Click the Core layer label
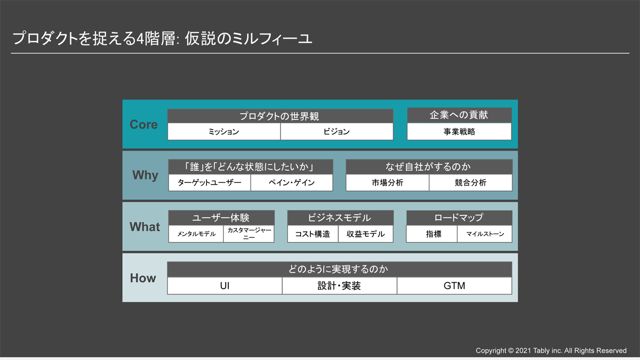click(x=143, y=125)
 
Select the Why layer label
click(x=145, y=175)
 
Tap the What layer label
click(x=145, y=227)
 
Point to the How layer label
click(x=143, y=278)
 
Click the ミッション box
click(x=223, y=132)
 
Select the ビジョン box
click(x=337, y=132)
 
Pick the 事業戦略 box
click(x=459, y=132)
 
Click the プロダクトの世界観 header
click(x=281, y=116)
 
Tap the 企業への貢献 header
click(x=459, y=115)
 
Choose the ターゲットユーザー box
click(x=210, y=182)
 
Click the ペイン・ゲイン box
click(x=292, y=182)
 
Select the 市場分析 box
click(x=387, y=182)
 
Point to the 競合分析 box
click(x=470, y=182)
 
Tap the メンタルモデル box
click(x=196, y=234)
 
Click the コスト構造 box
click(x=313, y=234)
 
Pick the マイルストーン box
click(x=485, y=234)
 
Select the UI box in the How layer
click(x=225, y=286)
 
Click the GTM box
click(x=454, y=286)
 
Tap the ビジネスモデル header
click(x=340, y=218)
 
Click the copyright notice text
click(x=551, y=350)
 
